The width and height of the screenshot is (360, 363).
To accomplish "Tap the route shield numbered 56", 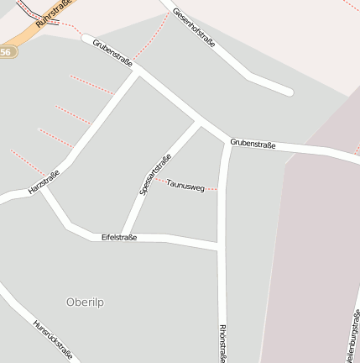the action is pos(6,52).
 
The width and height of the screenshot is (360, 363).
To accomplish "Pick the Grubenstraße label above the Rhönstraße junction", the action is pos(253,144).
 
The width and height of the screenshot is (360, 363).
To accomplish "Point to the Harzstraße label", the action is pos(44,182).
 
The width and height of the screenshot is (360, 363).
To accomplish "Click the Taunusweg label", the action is pos(185,185).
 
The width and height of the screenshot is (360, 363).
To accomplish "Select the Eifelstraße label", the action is pos(118,238).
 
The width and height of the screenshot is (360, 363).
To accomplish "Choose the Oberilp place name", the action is pos(90,301).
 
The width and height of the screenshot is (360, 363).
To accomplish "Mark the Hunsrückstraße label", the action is pos(52,339).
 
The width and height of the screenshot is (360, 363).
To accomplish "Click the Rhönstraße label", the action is pos(222,343).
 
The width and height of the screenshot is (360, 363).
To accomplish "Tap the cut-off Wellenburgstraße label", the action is pos(352,335).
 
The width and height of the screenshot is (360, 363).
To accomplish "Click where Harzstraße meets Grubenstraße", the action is pos(137,73).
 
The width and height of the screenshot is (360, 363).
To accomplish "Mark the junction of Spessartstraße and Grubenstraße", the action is pos(200,122).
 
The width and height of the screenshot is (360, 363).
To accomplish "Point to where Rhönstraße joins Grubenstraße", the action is pos(227,141).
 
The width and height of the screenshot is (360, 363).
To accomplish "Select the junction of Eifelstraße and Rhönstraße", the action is pos(221,246).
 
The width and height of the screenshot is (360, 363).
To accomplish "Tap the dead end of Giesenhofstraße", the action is pos(290,91).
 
